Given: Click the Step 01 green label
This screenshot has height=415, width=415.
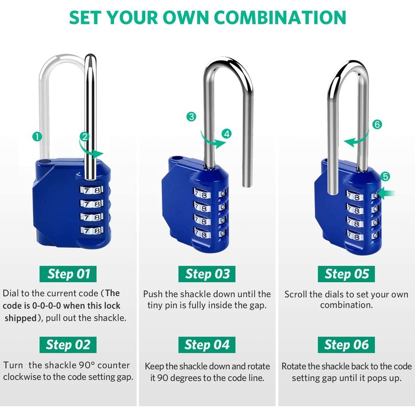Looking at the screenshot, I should [x=68, y=273].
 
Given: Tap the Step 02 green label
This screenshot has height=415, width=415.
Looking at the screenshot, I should [x=68, y=344].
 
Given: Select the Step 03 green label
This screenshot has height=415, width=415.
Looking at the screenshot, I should [x=207, y=273].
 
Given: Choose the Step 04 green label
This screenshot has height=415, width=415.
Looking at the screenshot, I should [x=207, y=344].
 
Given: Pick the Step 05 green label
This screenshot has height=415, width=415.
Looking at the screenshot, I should [x=347, y=273].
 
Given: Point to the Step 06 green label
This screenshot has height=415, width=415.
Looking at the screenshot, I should [x=347, y=344].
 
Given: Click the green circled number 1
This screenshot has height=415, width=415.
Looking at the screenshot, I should [x=37, y=137].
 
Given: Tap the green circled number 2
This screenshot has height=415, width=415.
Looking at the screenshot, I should [x=84, y=137].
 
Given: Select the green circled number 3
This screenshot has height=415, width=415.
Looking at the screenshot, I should [x=192, y=117].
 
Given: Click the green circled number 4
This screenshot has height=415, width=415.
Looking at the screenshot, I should [x=226, y=133].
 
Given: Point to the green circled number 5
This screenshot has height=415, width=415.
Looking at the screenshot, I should [x=384, y=177].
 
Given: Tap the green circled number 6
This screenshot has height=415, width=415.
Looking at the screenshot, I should [x=377, y=125].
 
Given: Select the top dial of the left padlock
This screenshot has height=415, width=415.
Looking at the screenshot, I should [x=91, y=190].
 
